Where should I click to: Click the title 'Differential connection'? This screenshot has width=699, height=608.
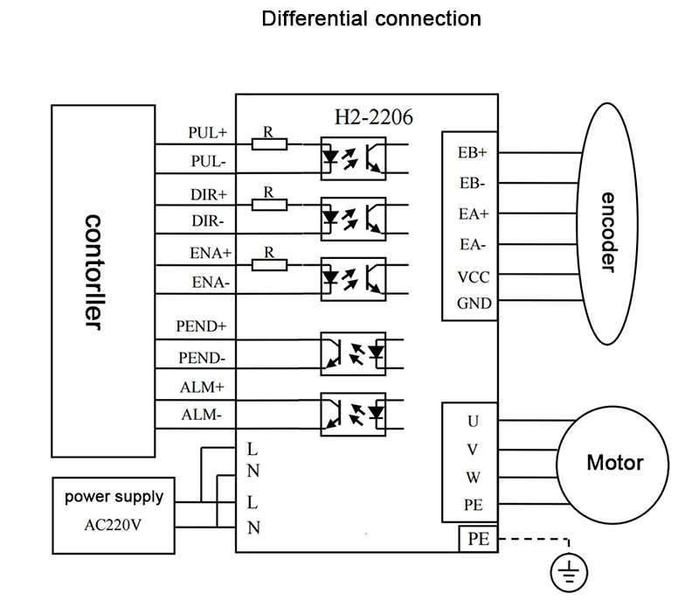371,18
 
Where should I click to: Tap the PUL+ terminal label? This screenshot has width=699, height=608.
207,133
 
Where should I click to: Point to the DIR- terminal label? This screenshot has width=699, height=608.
209,221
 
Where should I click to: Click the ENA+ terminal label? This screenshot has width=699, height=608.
210,253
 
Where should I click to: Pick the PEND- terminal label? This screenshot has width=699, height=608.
202,357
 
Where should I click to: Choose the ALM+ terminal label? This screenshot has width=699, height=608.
204,386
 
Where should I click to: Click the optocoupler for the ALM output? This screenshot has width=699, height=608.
353,415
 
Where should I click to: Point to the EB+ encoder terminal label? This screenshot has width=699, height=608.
473,151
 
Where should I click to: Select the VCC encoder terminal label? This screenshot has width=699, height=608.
473,278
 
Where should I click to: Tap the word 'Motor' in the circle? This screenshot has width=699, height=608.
614,463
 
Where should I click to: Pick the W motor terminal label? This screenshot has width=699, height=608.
473,477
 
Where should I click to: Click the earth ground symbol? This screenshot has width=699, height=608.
569,574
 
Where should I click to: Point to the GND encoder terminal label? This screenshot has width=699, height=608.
474,304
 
